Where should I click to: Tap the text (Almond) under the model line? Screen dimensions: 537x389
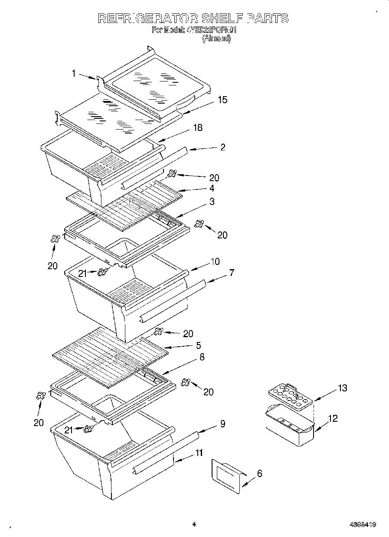[x=216, y=38]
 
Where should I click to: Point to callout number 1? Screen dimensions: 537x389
[x=74, y=74]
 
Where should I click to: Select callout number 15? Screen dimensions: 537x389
[x=222, y=100]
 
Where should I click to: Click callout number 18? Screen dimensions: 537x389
[x=197, y=127]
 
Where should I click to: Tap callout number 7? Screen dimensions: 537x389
[x=232, y=273]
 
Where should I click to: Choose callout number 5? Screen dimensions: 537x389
[x=198, y=345]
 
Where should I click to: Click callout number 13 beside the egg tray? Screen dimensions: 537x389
[x=342, y=388]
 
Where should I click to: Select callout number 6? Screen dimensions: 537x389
[x=259, y=473]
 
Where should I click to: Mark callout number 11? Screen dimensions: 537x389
[x=199, y=453]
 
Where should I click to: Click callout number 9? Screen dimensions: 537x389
[x=222, y=424]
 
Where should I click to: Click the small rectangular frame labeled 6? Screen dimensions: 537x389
[x=226, y=476]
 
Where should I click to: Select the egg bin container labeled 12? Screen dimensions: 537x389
[x=289, y=427]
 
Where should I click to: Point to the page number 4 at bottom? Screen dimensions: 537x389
[x=194, y=524]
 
